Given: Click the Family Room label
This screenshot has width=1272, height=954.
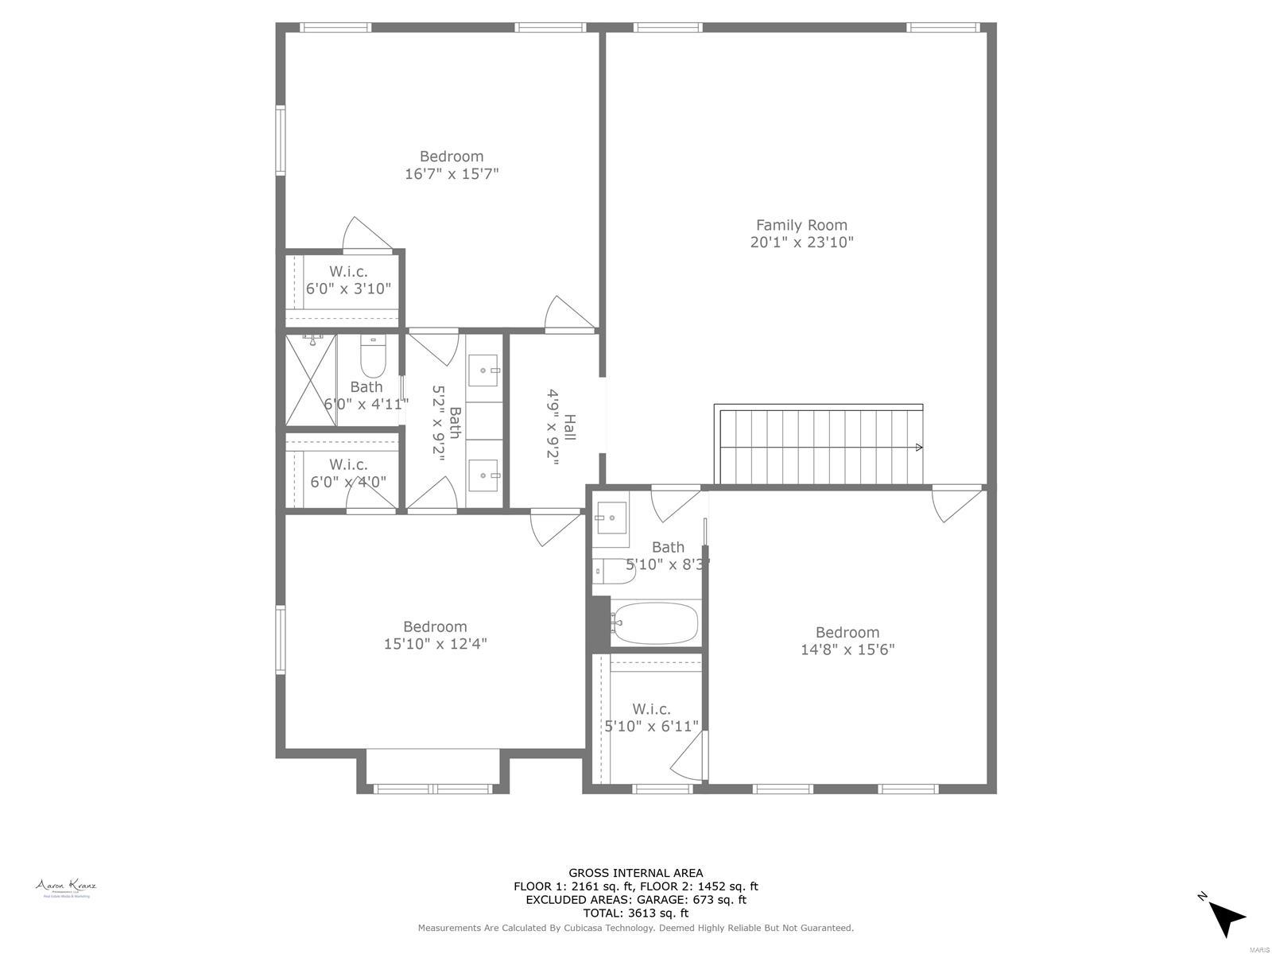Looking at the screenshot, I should coord(801,225).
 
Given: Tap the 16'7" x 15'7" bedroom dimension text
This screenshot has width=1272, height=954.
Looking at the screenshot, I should coord(452,173).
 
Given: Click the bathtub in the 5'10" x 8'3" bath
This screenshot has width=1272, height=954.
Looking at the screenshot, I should coord(656,623).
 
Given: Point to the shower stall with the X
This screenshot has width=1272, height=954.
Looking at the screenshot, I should coord(311,380).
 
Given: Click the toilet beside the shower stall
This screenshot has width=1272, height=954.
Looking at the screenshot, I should coord(373,358).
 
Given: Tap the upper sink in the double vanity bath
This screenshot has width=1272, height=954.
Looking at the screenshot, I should coord(483,370).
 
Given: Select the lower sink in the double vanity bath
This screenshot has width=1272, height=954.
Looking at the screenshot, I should coord(483,475).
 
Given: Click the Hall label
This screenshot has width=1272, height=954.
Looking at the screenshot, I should coord(569,428).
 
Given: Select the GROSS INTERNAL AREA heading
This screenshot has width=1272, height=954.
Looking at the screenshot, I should coord(635,873).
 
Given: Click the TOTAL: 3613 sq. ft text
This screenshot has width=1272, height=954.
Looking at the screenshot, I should coord(635,913).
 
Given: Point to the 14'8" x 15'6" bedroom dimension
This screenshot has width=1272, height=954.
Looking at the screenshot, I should coord(847,650).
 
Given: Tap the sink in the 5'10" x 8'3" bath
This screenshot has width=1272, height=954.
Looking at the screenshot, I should coord(611,518).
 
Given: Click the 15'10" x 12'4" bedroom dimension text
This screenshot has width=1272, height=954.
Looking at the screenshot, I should coord(435,644).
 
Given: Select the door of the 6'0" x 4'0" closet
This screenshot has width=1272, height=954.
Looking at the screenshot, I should coord(370,497).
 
